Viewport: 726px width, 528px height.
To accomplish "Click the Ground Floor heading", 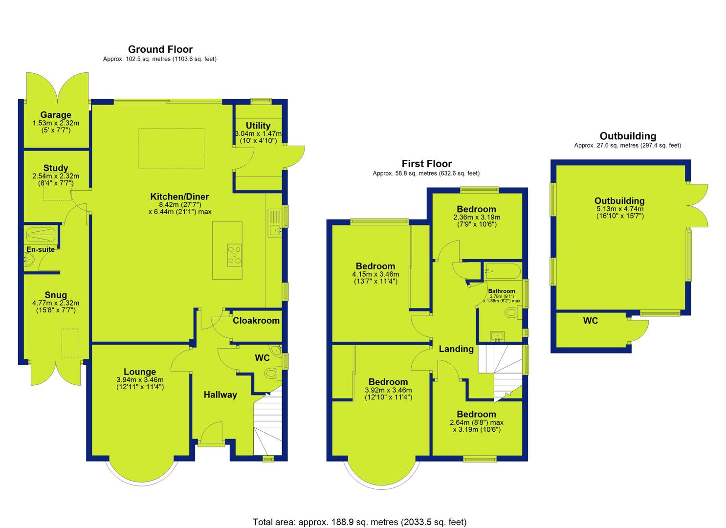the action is tap(160, 49).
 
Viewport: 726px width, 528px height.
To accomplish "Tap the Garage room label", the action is tap(56, 115).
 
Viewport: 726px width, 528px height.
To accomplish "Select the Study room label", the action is tap(56, 168).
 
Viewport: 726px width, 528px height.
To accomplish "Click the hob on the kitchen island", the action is tap(234, 255).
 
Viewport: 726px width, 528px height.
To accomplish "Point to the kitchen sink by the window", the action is tap(275, 223).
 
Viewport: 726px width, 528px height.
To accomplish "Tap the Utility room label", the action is tap(258, 126).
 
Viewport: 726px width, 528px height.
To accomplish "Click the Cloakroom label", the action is tap(256, 321).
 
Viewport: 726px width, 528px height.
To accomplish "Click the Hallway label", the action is tap(220, 395).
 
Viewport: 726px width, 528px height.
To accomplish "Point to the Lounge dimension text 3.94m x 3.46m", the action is tap(140, 380).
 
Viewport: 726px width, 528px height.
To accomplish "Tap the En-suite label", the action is tap(41, 249).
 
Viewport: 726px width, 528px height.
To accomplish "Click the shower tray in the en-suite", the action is tap(41, 234).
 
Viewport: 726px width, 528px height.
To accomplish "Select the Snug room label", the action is tap(56, 295).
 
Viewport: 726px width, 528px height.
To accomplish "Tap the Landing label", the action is tap(456, 349).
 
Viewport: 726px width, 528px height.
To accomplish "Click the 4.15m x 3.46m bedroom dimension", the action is tap(375, 274).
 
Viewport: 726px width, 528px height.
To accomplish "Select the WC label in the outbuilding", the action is tap(591, 321).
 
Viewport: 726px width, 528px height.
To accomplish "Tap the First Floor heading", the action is tap(426, 164).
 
